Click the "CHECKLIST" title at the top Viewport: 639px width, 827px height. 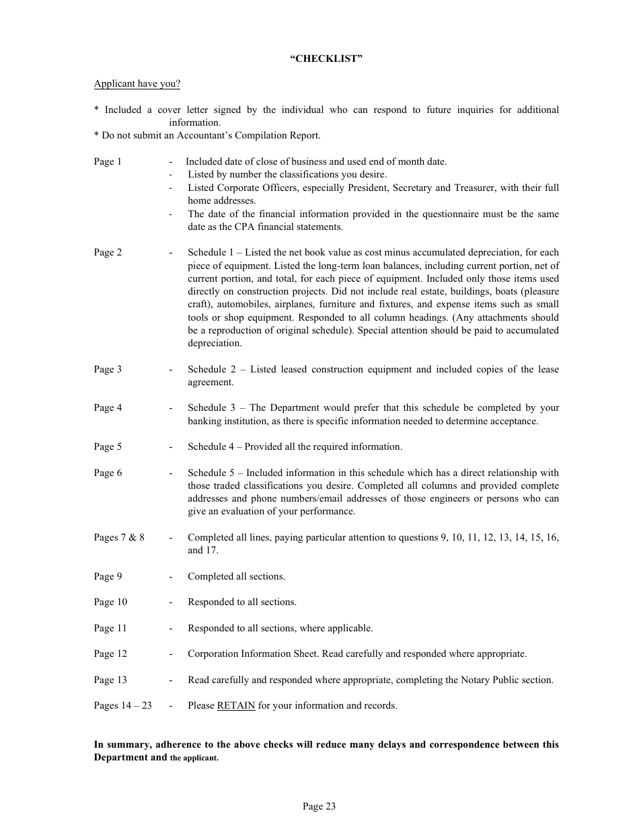[x=326, y=58]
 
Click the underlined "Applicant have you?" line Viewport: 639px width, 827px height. [x=137, y=84]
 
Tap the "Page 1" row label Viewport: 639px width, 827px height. [x=108, y=161]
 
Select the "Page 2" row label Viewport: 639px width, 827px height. [x=108, y=253]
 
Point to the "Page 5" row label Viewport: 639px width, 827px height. [x=108, y=447]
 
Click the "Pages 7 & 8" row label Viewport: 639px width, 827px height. [x=119, y=537]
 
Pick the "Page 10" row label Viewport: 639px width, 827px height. [x=110, y=602]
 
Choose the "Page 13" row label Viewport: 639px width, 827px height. [x=110, y=680]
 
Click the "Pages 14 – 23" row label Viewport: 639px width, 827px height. [x=122, y=706]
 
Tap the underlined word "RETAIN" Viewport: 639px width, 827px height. [x=235, y=706]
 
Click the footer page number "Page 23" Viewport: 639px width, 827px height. [x=319, y=807]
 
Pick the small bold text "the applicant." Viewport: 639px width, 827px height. [x=194, y=758]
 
